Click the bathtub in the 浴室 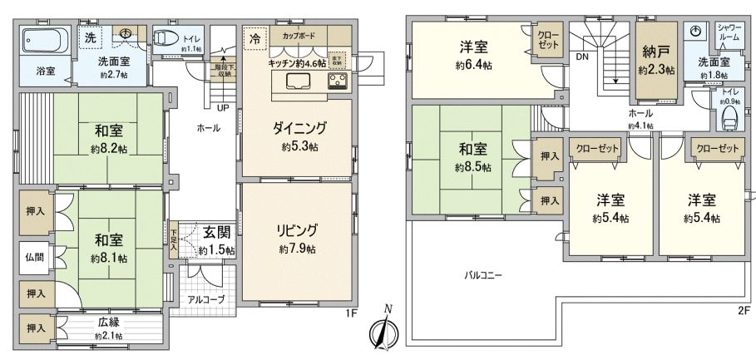pos(45,40)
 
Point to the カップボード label pos(299,37)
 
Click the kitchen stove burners pos(339,81)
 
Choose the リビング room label pos(297,230)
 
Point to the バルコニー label pos(483,274)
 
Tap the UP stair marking pos(223,107)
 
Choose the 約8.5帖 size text pos(472,167)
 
